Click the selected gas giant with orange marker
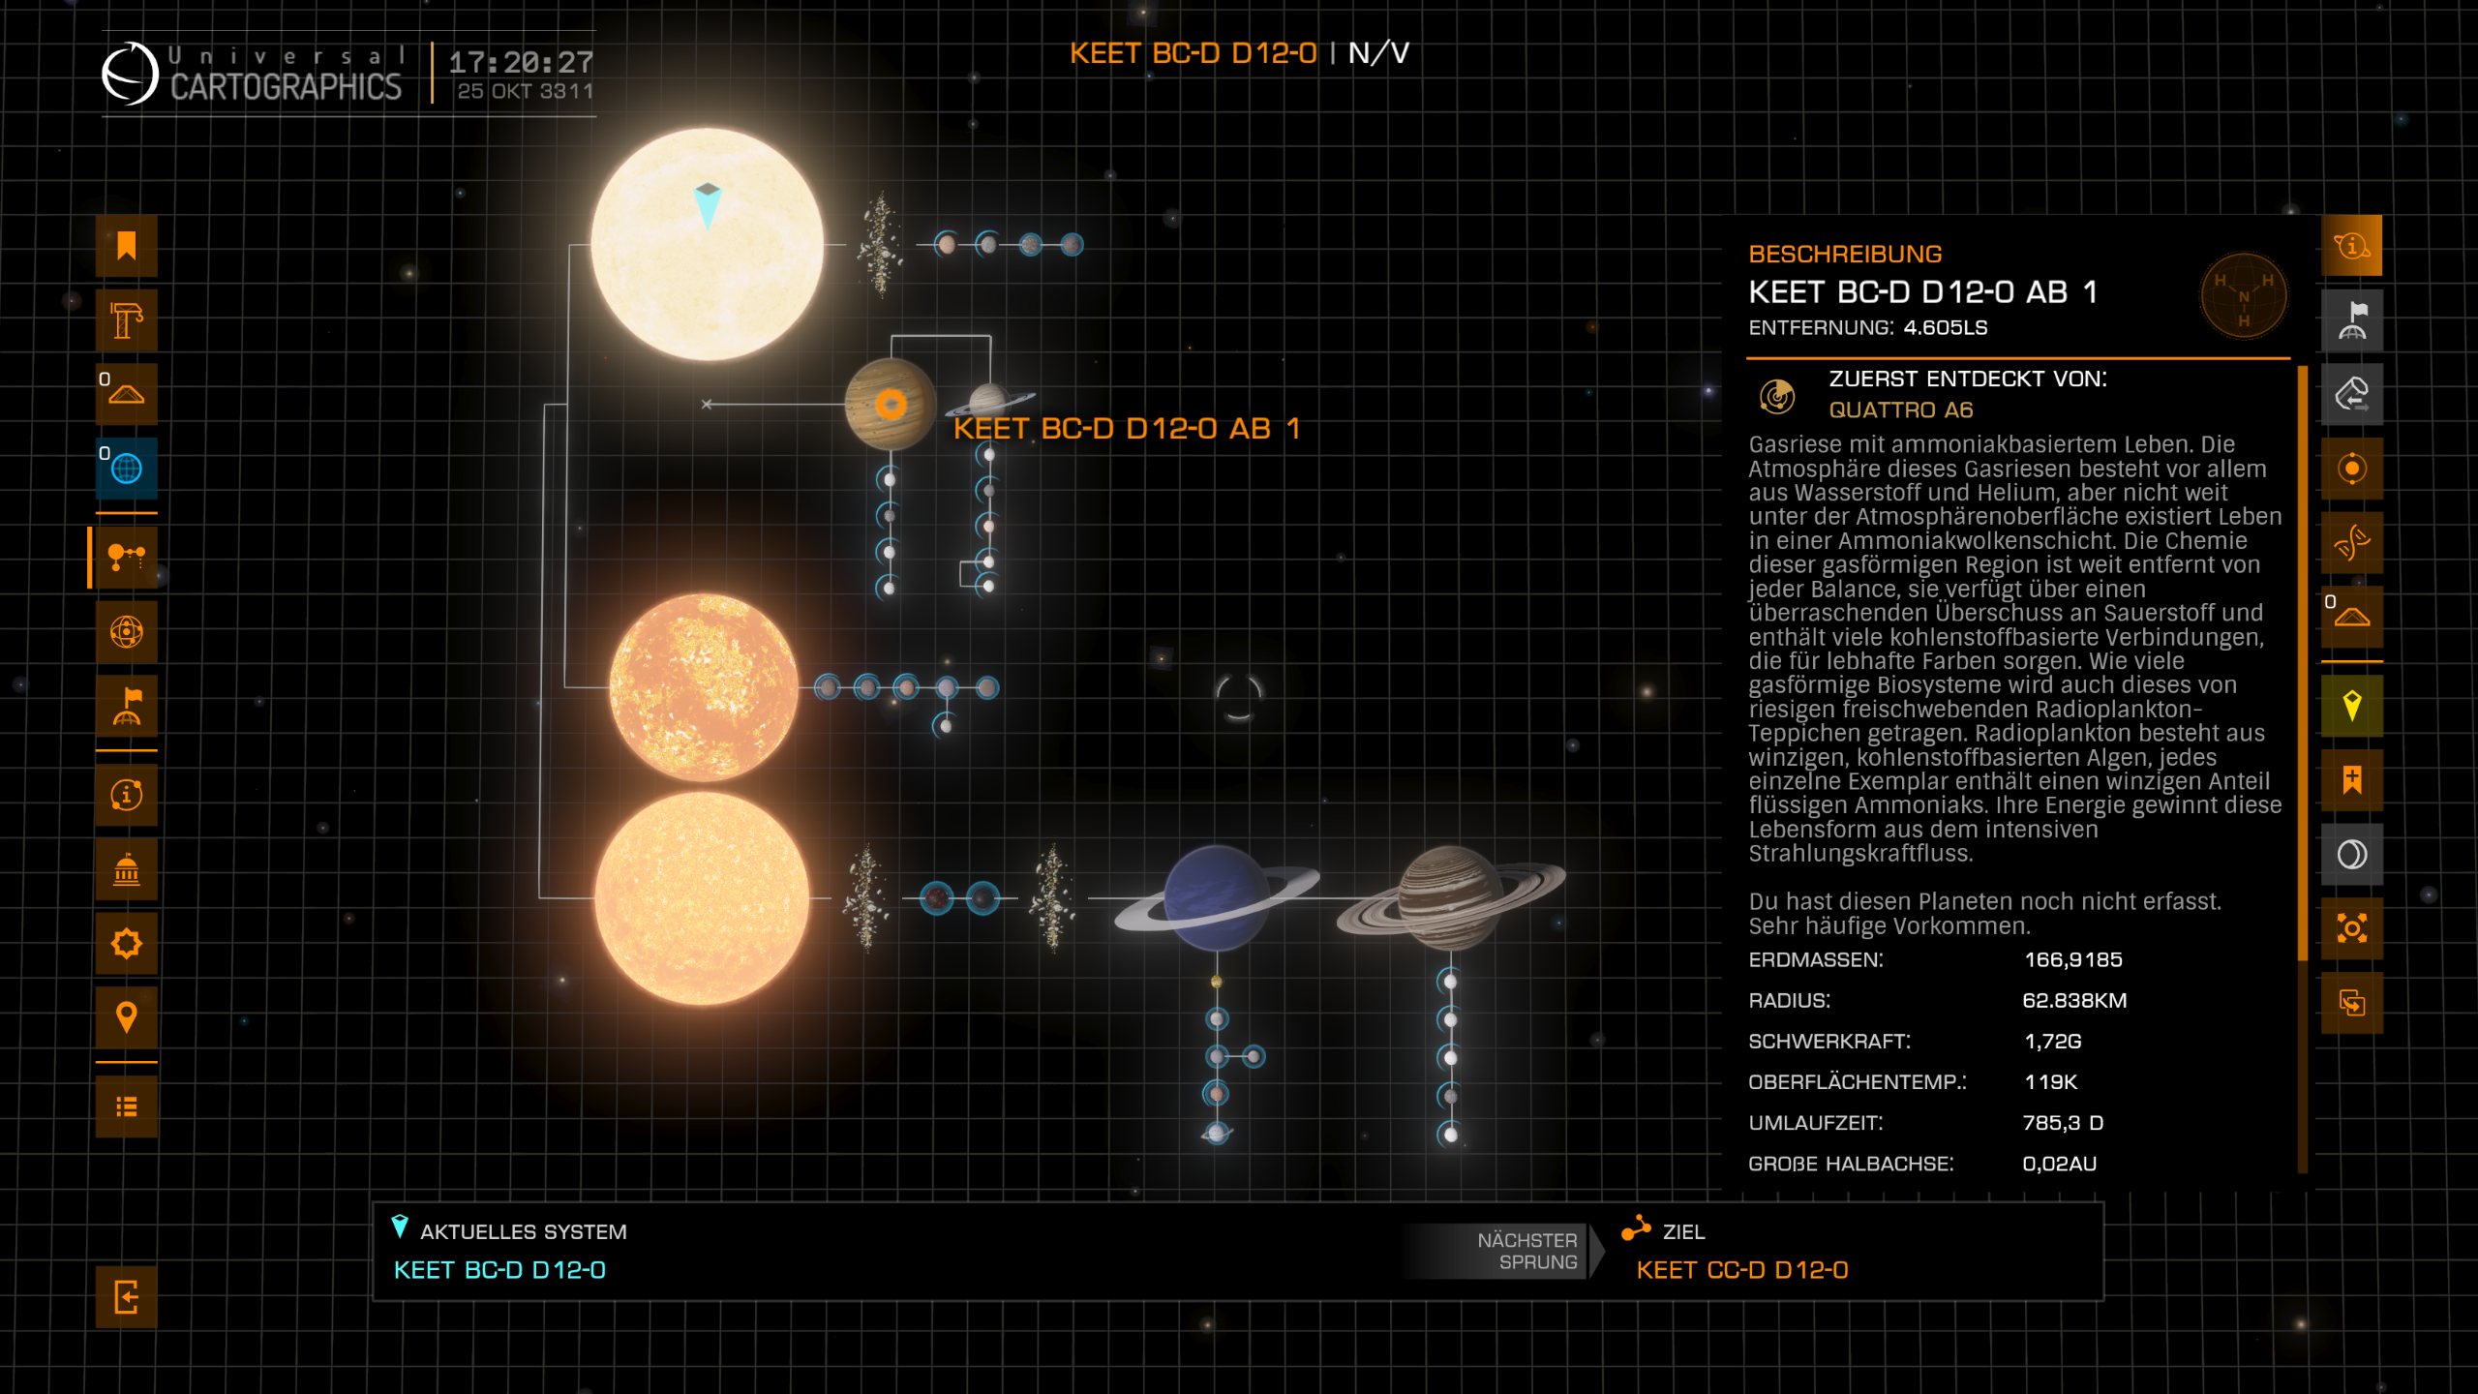point(890,405)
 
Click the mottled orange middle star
point(704,687)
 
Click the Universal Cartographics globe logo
point(130,74)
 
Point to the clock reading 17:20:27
point(521,62)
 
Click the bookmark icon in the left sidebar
point(126,246)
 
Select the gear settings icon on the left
point(126,943)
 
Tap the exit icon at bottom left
point(126,1296)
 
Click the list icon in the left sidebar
point(126,1106)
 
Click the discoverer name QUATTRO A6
point(1900,410)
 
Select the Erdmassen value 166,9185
point(2072,959)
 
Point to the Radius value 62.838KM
point(2073,1000)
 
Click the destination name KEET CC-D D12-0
point(1741,1270)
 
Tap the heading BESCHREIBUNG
point(1845,254)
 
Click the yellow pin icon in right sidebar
point(2351,706)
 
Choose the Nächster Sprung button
point(1526,1251)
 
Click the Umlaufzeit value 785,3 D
point(2063,1123)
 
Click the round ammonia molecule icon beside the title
point(2243,296)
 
